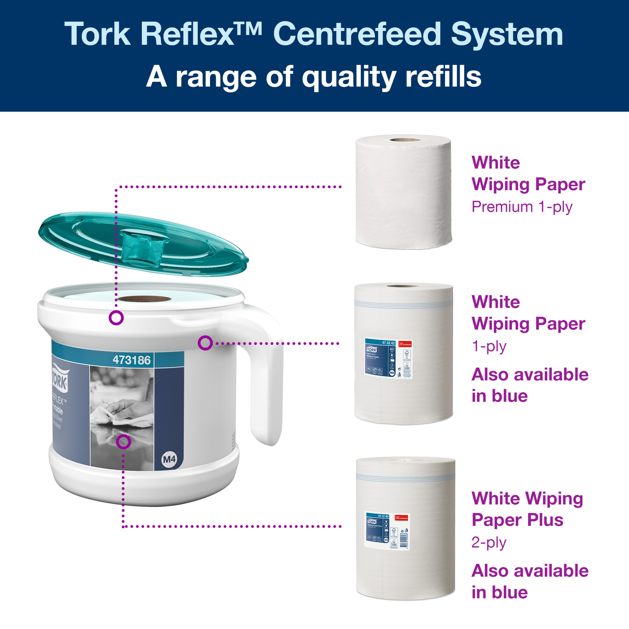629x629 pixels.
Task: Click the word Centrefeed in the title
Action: click(357, 34)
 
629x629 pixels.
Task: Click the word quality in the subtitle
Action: click(349, 77)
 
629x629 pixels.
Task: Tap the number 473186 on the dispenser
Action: click(131, 360)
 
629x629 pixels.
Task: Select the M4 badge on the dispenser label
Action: click(169, 459)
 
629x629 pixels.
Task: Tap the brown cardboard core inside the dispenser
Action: click(144, 299)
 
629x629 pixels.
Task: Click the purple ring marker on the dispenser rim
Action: click(116, 318)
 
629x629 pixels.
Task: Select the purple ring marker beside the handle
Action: click(205, 343)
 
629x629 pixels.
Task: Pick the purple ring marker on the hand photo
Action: click(124, 442)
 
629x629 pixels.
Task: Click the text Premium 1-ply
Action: click(521, 207)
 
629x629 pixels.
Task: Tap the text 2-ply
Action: click(489, 543)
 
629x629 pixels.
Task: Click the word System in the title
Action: click(507, 34)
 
